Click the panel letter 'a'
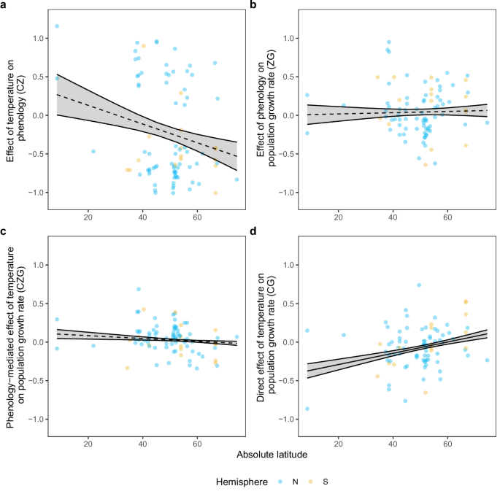click(x=4, y=5)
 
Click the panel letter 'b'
click(x=253, y=5)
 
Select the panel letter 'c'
click(x=4, y=231)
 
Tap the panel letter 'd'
click(x=253, y=231)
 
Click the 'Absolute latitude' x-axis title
click(x=270, y=455)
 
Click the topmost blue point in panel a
click(x=57, y=26)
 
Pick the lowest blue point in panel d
click(x=307, y=409)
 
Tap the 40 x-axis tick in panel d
click(x=393, y=443)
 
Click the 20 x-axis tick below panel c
click(x=88, y=443)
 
